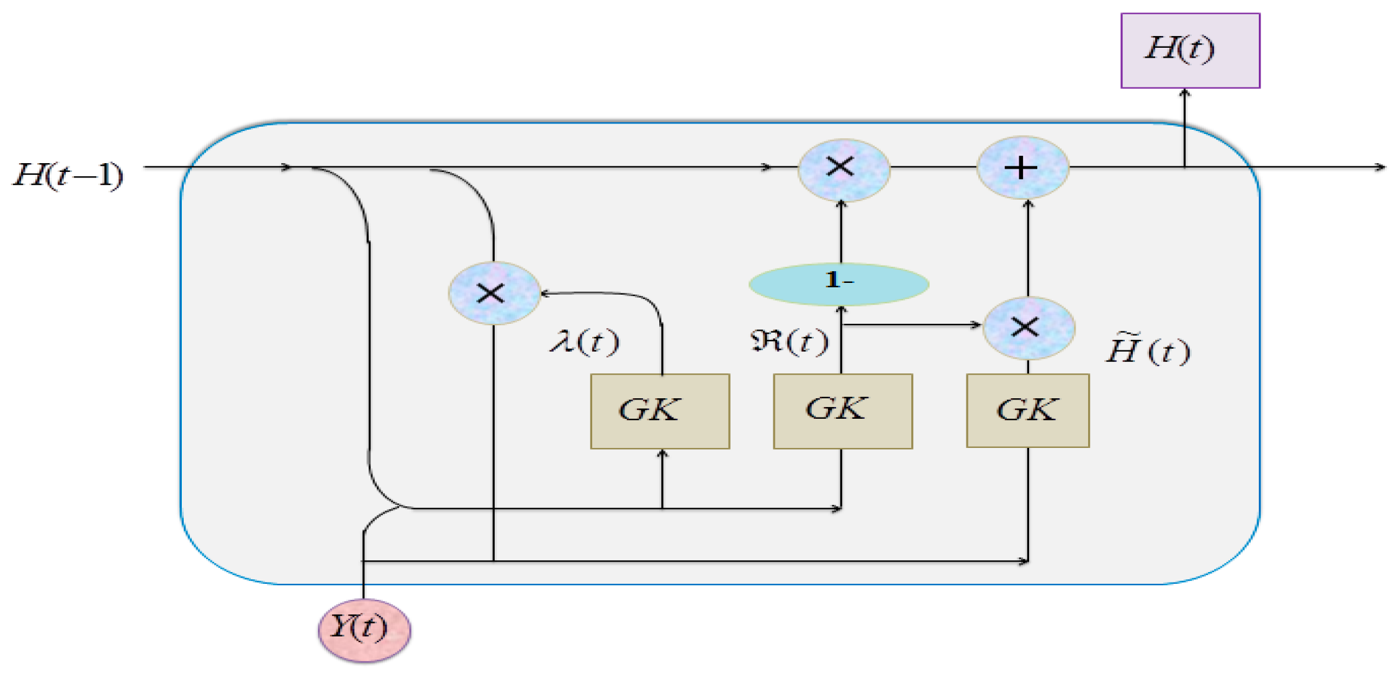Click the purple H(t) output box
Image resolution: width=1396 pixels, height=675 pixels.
coord(1189,50)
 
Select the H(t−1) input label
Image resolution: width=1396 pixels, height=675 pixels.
coord(68,176)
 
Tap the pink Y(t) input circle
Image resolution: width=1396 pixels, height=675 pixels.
coord(364,629)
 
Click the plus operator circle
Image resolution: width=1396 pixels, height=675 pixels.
coord(1022,168)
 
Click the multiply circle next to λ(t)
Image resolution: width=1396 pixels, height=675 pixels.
coord(493,293)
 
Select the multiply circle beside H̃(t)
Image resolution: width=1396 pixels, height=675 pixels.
coord(1028,328)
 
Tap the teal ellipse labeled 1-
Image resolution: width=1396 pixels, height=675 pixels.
coord(839,284)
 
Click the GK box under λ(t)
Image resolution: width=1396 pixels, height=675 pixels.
coord(659,411)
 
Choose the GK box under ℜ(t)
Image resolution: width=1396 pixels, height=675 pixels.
coord(842,411)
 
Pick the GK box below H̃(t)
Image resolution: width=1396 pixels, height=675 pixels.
coord(1027,410)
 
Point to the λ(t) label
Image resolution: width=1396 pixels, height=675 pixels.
coord(584,341)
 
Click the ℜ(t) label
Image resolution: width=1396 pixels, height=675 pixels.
coord(789,341)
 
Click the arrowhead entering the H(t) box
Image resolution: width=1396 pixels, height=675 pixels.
coord(1184,93)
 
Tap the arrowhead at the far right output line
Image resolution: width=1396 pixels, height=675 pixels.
coord(1380,167)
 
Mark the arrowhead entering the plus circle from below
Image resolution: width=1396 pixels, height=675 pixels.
coord(1028,204)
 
